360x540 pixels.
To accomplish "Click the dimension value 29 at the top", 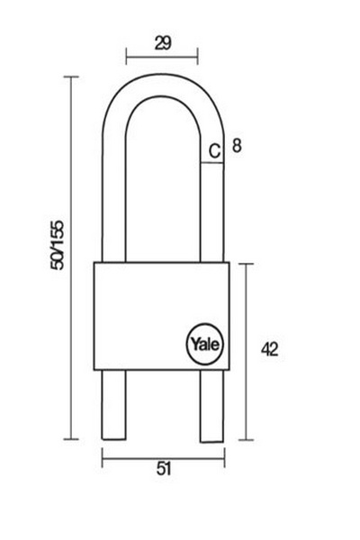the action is click(x=163, y=43).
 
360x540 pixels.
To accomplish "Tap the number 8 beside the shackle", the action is click(x=237, y=145).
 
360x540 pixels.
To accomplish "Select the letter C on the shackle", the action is click(x=214, y=151).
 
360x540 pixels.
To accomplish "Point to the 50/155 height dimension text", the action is click(x=58, y=245).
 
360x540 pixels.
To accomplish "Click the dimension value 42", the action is click(x=269, y=350).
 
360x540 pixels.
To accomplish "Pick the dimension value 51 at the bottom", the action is click(x=164, y=469).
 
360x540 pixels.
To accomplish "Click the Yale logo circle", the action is click(x=205, y=344).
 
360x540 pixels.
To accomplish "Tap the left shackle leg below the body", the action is click(x=113, y=405).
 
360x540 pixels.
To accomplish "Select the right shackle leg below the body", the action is click(x=211, y=406).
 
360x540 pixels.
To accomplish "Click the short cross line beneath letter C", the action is click(x=211, y=163).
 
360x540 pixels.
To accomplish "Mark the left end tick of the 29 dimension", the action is click(x=126, y=57).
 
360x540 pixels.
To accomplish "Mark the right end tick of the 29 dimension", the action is click(x=197, y=57).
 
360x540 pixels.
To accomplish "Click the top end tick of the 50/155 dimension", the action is click(x=71, y=76).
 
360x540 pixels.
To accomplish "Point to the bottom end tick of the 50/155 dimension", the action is click(x=71, y=439).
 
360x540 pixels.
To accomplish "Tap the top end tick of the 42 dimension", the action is click(x=246, y=264).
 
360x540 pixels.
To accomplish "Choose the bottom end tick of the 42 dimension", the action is click(x=246, y=440).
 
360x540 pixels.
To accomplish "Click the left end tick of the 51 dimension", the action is click(x=103, y=458).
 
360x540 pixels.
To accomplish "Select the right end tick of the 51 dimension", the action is click(x=225, y=458).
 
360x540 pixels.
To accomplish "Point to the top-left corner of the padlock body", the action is click(x=94, y=263).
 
